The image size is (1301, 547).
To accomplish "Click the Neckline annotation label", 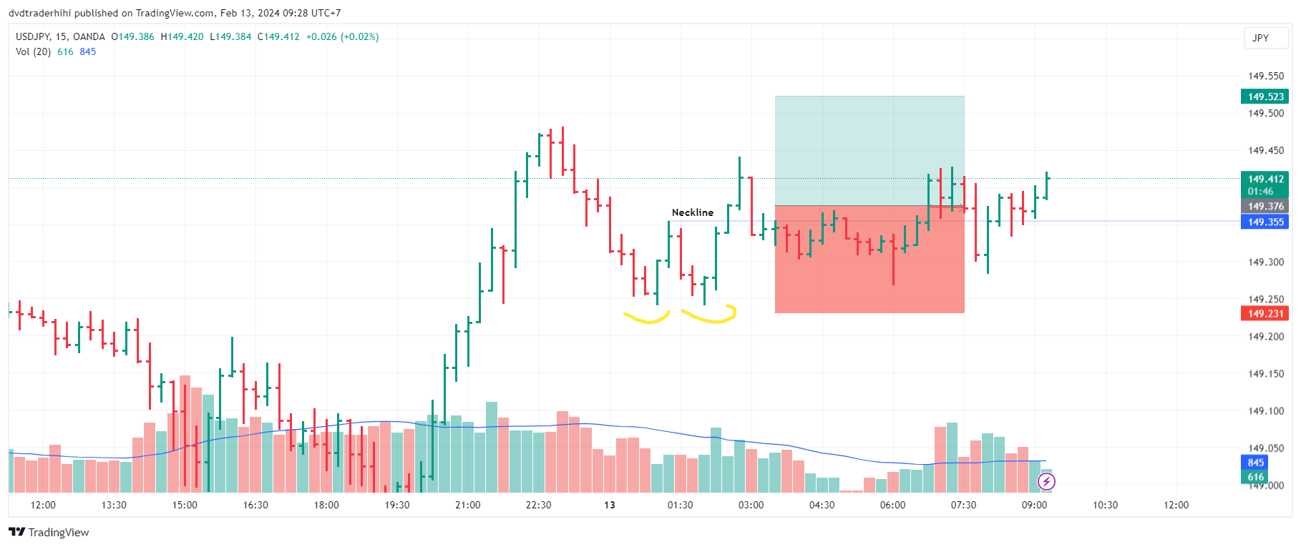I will pos(692,212).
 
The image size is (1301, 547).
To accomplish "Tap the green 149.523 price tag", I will pos(1265,97).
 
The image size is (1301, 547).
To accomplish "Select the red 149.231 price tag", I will pos(1265,314).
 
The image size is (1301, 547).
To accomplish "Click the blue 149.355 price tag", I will pos(1265,222).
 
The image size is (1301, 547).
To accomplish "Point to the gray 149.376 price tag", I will pos(1265,207).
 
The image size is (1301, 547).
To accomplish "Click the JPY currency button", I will pos(1260,38).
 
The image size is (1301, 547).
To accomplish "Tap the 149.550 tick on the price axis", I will pos(1265,76).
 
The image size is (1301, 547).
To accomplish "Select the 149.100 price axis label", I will pos(1265,411).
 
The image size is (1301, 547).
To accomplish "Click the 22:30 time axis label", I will pos(538,505).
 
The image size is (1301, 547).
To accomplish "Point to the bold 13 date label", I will pos(609,505).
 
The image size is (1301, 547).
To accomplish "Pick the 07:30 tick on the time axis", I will pos(963,505).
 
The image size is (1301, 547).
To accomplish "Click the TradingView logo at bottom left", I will pos(49,532).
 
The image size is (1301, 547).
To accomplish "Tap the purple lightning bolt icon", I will pos(1046,482).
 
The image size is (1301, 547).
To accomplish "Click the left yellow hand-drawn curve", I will pos(646,318).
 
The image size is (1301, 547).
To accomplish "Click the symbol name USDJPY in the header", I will pos(32,36).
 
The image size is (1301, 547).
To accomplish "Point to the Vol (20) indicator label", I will pos(33,51).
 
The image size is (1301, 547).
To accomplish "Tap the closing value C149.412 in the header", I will pos(278,36).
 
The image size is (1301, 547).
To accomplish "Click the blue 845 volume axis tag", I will pos(1255,463).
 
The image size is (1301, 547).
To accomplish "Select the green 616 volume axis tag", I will pos(1255,477).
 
